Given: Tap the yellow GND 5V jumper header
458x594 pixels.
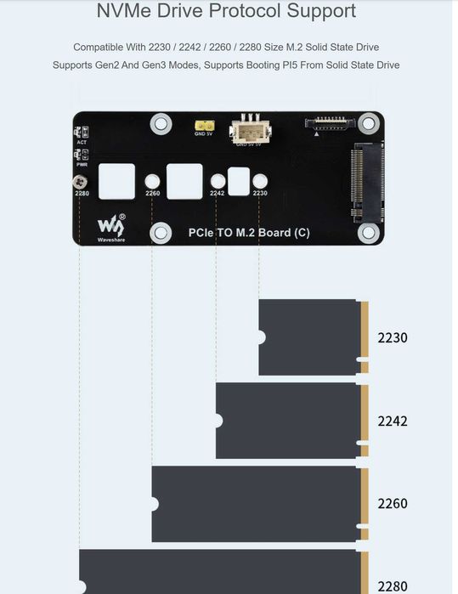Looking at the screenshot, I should coord(204,126).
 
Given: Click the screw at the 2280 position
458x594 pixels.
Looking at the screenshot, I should coord(81,182).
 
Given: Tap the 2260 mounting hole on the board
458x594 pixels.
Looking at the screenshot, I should coord(153,182).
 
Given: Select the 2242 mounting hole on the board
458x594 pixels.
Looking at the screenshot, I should coord(218,182).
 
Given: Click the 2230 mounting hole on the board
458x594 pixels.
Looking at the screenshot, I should coord(260,182).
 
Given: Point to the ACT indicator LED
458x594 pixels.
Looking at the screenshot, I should coord(82,133).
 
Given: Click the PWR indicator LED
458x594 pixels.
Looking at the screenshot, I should coord(82,155).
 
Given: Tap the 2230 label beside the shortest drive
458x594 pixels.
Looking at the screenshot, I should coord(393,337).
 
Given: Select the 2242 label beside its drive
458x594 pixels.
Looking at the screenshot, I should coord(393,421).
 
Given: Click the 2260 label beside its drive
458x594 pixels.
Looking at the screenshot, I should coord(393,503).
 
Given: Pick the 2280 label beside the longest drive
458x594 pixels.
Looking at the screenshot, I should coord(393,586).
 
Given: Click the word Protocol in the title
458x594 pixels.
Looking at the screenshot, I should coord(233,12).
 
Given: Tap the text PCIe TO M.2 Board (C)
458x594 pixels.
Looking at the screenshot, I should coord(248,233).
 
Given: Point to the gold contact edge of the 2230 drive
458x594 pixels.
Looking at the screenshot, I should coord(364,337).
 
